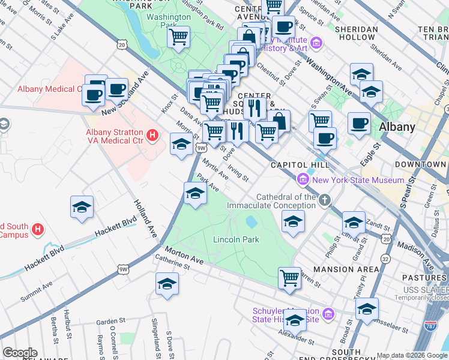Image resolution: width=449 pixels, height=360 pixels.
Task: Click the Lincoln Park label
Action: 236,239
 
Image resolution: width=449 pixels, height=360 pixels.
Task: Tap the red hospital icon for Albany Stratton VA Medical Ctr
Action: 152,136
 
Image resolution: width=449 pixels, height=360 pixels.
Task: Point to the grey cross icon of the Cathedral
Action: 325,200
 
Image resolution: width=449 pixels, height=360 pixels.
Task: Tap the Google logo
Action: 20,353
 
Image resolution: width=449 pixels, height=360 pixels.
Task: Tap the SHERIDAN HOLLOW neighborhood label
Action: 356,33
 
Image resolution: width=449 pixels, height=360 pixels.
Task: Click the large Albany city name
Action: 397,127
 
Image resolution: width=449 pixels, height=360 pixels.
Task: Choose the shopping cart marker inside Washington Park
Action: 179,38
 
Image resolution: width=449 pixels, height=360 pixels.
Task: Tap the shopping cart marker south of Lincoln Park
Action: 289,278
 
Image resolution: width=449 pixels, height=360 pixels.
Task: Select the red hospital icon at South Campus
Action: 38,229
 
